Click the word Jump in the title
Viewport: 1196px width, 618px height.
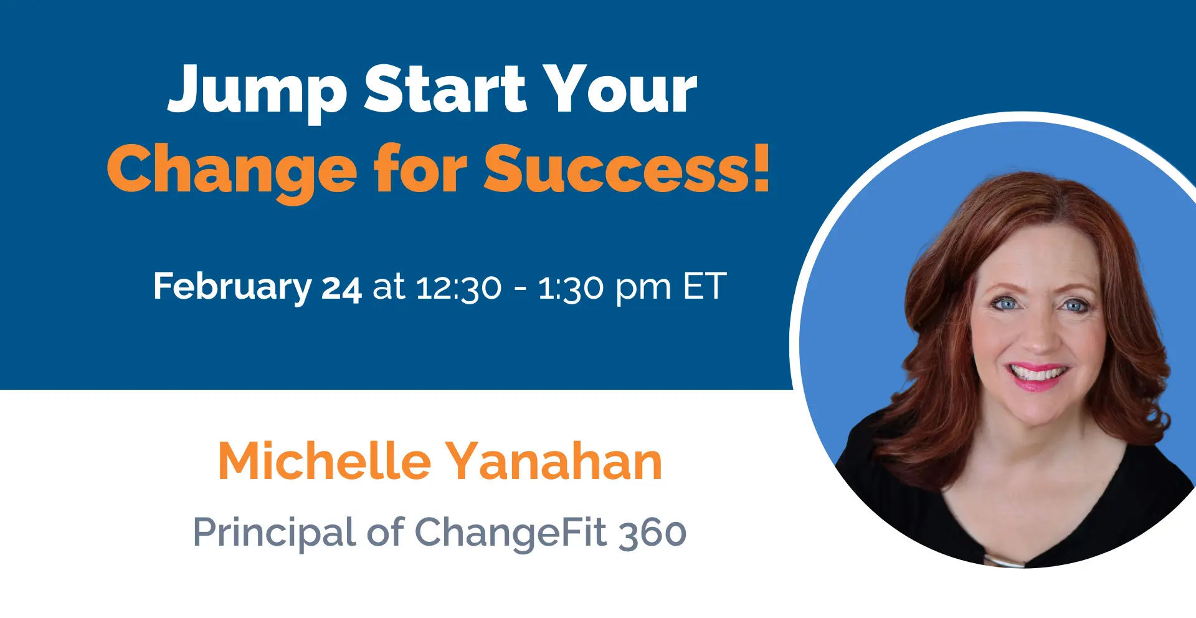(x=257, y=92)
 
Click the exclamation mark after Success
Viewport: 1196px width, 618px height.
(x=761, y=168)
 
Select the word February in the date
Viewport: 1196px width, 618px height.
(x=232, y=287)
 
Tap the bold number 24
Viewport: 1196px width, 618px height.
(x=341, y=289)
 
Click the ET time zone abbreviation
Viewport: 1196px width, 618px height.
(x=705, y=287)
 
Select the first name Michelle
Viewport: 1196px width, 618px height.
(x=325, y=461)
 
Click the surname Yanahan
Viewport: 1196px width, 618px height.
(x=554, y=461)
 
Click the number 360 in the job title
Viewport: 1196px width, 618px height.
(x=653, y=534)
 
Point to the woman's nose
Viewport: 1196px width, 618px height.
(x=1036, y=337)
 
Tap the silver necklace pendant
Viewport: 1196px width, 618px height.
(x=1004, y=562)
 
